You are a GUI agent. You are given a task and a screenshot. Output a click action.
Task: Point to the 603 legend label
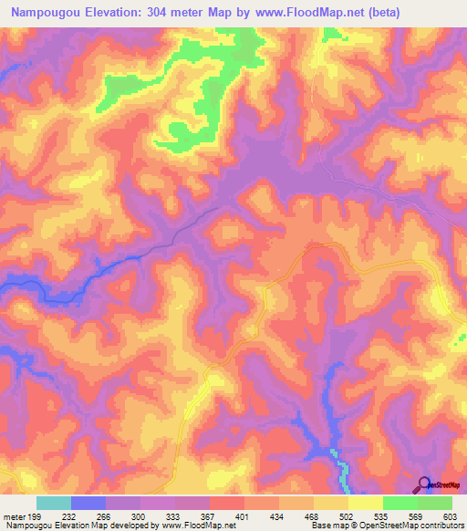tap(451, 516)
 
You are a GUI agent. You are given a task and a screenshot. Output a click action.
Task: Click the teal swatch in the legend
tap(54, 503)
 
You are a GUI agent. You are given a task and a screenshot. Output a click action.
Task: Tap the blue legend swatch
tap(88, 503)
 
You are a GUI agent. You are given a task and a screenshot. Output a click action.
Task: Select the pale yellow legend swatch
tap(366, 503)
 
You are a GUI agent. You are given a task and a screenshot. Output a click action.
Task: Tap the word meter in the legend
tap(13, 516)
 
